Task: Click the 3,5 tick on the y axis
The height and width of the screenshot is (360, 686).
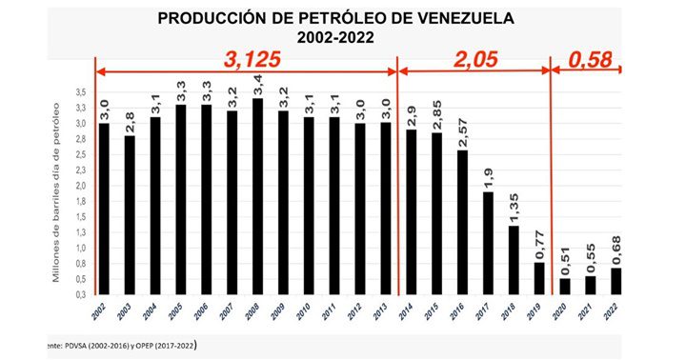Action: tap(80, 92)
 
